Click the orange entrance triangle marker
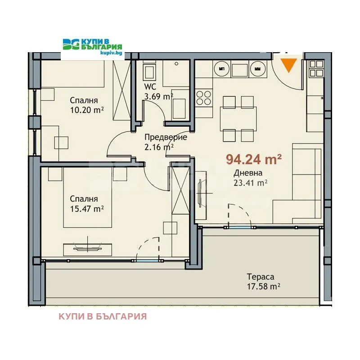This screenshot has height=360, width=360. [289, 65]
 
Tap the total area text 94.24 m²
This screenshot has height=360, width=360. [254, 159]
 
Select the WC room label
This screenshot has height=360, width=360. [150, 86]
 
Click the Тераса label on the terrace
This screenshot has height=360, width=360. [261, 277]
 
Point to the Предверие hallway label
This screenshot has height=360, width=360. [166, 137]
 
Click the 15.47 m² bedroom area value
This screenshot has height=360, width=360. [87, 209]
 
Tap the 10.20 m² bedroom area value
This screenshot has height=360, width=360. [87, 110]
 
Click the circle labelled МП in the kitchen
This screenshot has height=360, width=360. [221, 69]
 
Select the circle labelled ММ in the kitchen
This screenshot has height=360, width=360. [257, 69]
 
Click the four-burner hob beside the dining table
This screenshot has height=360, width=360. [204, 98]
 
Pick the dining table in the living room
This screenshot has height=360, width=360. [238, 118]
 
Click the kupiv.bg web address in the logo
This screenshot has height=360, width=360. [111, 53]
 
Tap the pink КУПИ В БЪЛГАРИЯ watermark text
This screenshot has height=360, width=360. [103, 316]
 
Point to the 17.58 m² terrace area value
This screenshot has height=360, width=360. [263, 287]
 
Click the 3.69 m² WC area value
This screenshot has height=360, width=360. [158, 96]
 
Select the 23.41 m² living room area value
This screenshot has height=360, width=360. [250, 183]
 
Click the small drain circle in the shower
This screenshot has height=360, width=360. [176, 63]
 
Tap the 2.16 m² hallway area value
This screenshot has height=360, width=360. [159, 147]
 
